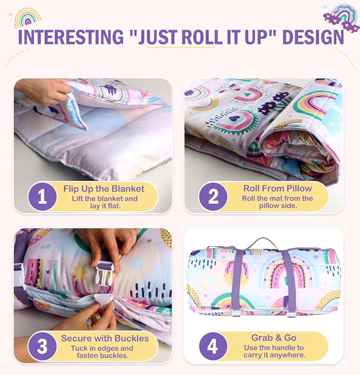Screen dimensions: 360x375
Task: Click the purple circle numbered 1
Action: [42, 197]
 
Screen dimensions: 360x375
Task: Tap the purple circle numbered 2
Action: [213, 197]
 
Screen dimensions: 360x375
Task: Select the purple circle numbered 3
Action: [42, 346]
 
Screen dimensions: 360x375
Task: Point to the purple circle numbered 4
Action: [213, 346]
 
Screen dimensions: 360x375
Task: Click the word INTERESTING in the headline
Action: [71, 37]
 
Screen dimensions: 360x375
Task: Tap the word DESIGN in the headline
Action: [313, 37]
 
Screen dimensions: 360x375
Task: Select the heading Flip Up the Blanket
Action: [103, 189]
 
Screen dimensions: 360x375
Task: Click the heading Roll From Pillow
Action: [277, 188]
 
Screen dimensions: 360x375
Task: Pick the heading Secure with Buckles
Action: [104, 338]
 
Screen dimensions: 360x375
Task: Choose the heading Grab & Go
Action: [274, 338]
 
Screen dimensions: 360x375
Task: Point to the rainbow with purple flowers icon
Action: [340, 18]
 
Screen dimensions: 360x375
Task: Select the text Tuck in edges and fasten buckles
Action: [102, 352]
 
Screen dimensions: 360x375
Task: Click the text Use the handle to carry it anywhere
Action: [274, 351]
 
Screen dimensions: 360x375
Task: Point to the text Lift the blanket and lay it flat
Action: [104, 202]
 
